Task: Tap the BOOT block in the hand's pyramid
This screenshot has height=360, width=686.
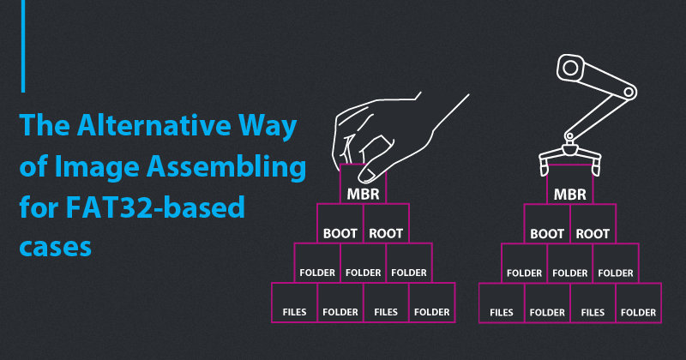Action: (x=340, y=232)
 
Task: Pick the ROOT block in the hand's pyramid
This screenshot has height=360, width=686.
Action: (x=387, y=232)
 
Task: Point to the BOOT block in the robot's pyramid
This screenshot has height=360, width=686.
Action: (x=547, y=233)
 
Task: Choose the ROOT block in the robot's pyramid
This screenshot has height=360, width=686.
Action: (x=593, y=233)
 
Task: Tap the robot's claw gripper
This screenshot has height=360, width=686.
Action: (x=569, y=155)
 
